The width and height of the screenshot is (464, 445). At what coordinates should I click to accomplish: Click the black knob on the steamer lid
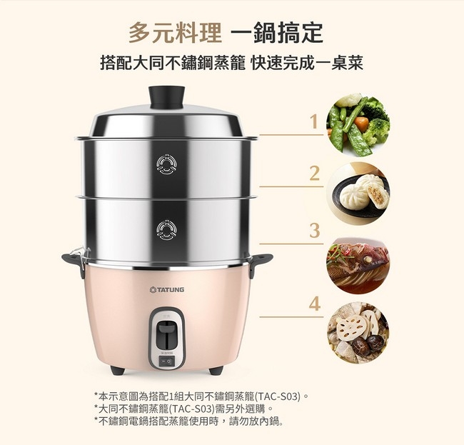tap(166, 97)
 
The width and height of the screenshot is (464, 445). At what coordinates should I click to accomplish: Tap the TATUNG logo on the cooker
tap(167, 289)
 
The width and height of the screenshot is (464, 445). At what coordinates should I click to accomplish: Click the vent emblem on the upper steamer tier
tap(167, 164)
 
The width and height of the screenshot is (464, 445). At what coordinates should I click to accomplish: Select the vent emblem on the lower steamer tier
tap(167, 230)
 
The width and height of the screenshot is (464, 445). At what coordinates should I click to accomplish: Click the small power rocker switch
tap(167, 361)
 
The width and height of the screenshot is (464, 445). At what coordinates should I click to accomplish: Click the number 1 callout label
tap(314, 121)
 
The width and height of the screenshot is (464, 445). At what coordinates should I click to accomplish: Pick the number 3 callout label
tap(315, 231)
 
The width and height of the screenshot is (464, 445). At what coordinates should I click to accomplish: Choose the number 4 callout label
tap(315, 304)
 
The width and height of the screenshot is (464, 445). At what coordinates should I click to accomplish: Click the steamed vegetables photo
tap(358, 125)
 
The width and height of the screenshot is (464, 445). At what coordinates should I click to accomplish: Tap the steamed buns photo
tap(358, 194)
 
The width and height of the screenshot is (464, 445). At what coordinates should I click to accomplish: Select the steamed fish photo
tap(358, 266)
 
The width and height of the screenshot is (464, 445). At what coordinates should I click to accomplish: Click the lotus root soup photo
tap(358, 333)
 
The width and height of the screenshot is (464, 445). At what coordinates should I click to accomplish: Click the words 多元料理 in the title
tap(175, 33)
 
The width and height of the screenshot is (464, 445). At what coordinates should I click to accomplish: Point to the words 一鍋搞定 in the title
tap(277, 33)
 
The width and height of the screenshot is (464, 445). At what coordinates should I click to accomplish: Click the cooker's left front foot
tap(118, 370)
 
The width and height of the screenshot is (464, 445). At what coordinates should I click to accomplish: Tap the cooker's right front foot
tap(216, 370)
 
